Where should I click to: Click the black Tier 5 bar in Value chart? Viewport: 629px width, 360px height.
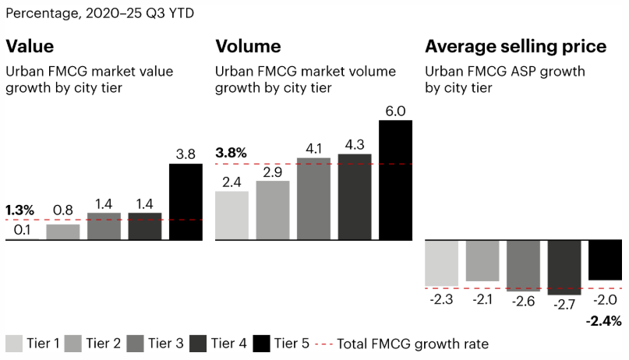click(x=186, y=202)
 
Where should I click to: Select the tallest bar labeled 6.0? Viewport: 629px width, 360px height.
click(x=395, y=180)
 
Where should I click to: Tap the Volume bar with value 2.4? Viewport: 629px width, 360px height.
click(x=231, y=215)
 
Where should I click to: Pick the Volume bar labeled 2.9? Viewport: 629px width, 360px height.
click(x=273, y=210)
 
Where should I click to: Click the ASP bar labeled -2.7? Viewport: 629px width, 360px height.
click(x=564, y=267)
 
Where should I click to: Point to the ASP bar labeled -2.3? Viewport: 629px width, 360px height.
click(x=441, y=263)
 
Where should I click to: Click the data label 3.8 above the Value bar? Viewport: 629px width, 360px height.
click(x=186, y=154)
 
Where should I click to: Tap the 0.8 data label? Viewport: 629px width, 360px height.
click(x=62, y=210)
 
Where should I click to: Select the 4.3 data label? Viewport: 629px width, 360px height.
click(x=354, y=144)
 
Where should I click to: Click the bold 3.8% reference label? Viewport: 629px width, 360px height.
click(x=232, y=153)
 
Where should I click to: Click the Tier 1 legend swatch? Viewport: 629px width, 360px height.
click(x=14, y=344)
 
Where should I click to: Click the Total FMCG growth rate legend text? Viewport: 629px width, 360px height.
click(x=413, y=344)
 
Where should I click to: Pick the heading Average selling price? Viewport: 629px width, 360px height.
click(x=515, y=46)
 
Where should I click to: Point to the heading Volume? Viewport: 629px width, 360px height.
click(x=248, y=46)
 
